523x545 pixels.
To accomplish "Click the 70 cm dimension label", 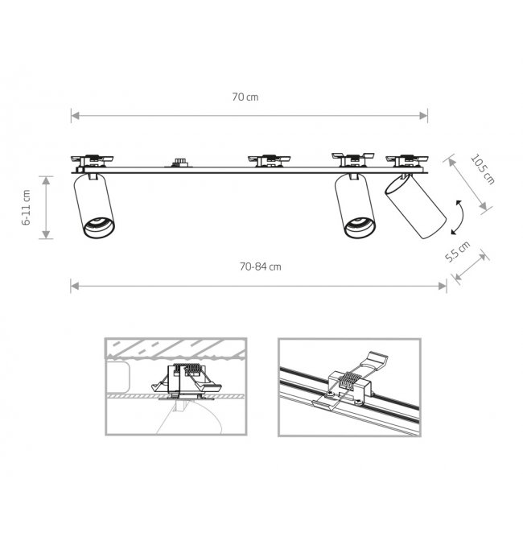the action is pos(245,97).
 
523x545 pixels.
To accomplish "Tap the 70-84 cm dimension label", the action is pos(260,266).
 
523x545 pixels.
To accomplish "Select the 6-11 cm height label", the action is pos(27,208).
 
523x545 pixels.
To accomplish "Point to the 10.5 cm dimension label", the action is pos(482,169).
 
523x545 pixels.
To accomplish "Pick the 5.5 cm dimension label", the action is pos(457,251).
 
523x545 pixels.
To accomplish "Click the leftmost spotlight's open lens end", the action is pos(99,228).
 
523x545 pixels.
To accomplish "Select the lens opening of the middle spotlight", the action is pos(360,228).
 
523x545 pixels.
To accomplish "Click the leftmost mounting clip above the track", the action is pos(92,160).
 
